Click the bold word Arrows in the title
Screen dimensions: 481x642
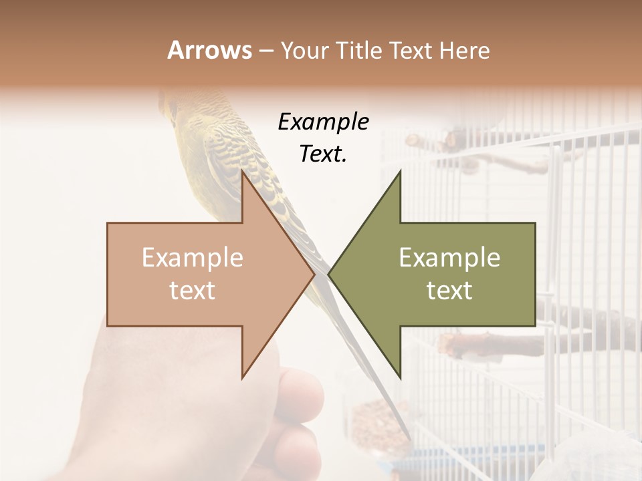[209, 50]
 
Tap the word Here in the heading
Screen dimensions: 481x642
[464, 50]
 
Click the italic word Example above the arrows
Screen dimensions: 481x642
[323, 122]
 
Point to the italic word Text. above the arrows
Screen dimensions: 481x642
[323, 154]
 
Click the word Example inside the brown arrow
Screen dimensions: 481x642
[193, 258]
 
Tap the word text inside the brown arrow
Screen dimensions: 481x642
[193, 290]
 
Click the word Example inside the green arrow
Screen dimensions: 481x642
[449, 258]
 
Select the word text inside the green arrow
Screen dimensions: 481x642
[449, 290]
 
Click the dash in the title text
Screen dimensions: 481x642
[265, 51]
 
